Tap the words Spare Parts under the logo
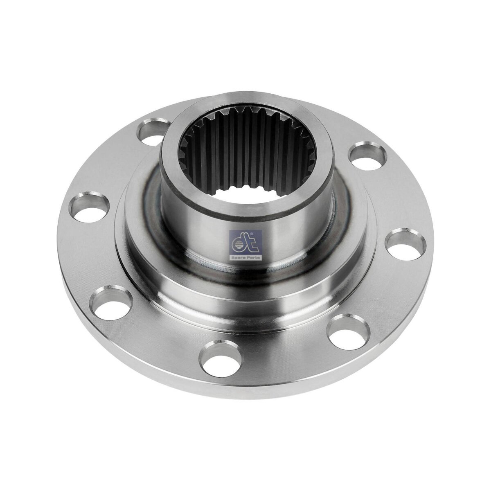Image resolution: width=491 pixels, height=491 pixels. click(x=245, y=257)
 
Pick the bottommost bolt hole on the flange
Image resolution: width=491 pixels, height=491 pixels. click(x=218, y=356)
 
